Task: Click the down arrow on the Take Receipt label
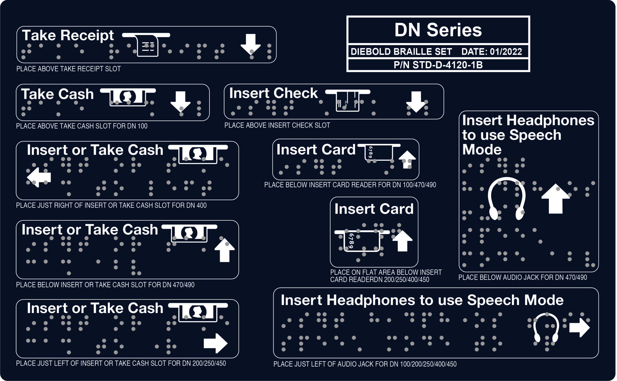tap(250, 44)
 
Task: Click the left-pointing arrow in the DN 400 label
tap(39, 177)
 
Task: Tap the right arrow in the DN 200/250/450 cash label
tap(215, 343)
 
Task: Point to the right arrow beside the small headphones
tap(579, 327)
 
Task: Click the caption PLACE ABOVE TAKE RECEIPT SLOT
tap(68, 69)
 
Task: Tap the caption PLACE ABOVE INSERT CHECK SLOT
tap(277, 125)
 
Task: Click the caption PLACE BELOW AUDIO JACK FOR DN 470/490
tap(523, 277)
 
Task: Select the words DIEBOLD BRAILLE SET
tap(401, 52)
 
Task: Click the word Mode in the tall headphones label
tap(482, 149)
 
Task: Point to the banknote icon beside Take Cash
tap(128, 97)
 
